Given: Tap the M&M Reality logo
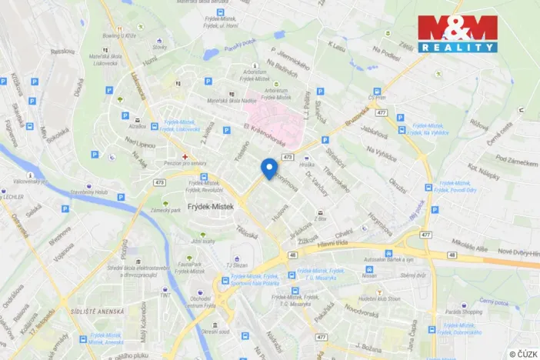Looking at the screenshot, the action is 457,34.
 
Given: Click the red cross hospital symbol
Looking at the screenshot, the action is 185,156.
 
